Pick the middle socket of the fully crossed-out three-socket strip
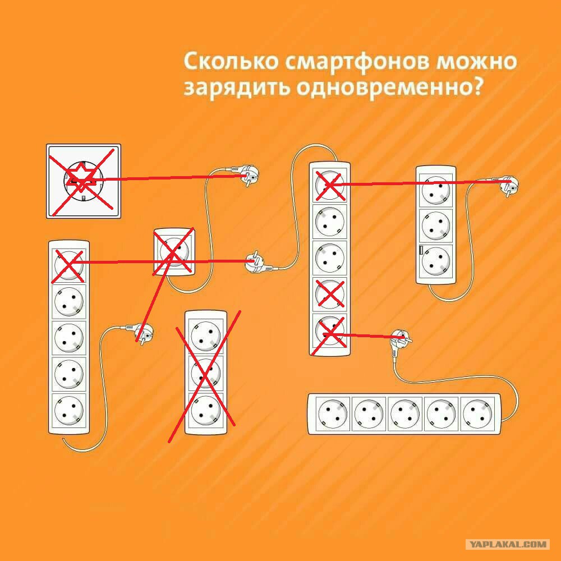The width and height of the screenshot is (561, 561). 205,372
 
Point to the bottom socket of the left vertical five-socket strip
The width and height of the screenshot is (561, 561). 69,411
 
